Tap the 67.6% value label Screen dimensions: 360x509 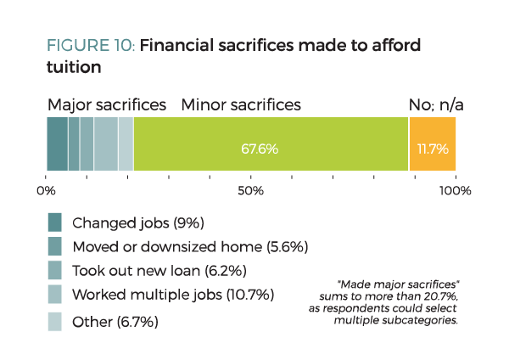pos(260,149)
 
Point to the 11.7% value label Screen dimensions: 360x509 pos(432,149)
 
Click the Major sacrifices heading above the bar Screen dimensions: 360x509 pos(107,105)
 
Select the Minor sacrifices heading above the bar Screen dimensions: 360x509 pos(241,105)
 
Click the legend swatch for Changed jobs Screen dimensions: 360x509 pos(55,222)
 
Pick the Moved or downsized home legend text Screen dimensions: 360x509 pos(189,247)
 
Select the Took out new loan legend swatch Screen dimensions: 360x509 pos(55,272)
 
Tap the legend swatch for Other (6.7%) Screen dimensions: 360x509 pos(55,322)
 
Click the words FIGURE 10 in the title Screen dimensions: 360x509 pos(91,45)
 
